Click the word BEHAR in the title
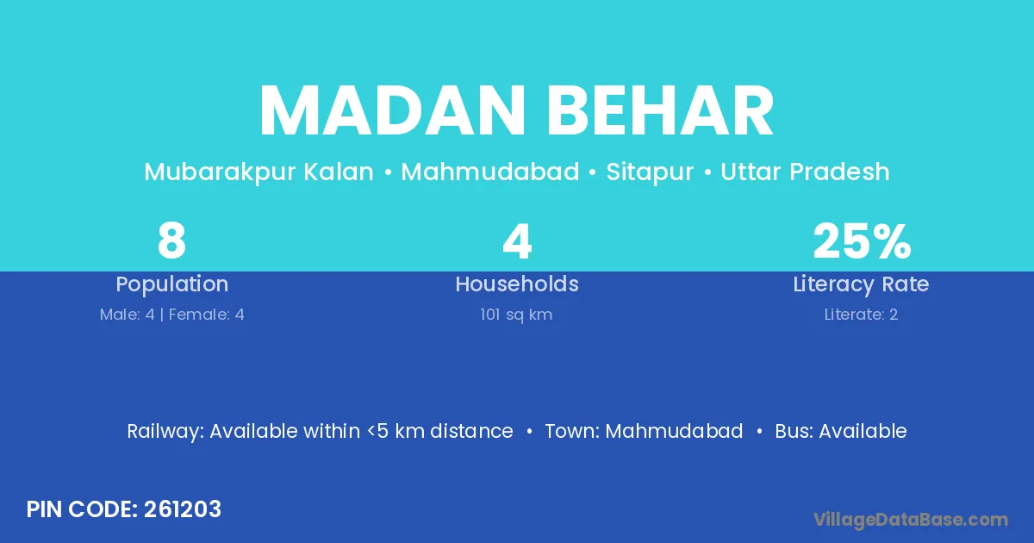[x=661, y=111]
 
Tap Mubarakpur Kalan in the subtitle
[x=258, y=172]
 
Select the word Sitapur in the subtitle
[x=650, y=172]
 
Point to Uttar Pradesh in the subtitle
[x=805, y=172]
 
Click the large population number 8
[x=171, y=240]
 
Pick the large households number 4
[x=517, y=241]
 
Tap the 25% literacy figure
[x=862, y=240]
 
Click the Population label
[x=172, y=284]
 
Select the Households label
[x=517, y=284]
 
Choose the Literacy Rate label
[x=861, y=284]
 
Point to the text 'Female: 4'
[x=206, y=315]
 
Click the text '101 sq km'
[x=516, y=315]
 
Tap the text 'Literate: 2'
[x=861, y=315]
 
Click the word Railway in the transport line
[x=165, y=432]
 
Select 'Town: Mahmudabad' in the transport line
[x=644, y=431]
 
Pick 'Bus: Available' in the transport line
[x=841, y=431]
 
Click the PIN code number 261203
[x=183, y=509]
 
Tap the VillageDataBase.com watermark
[x=910, y=520]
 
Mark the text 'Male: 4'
[x=127, y=315]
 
